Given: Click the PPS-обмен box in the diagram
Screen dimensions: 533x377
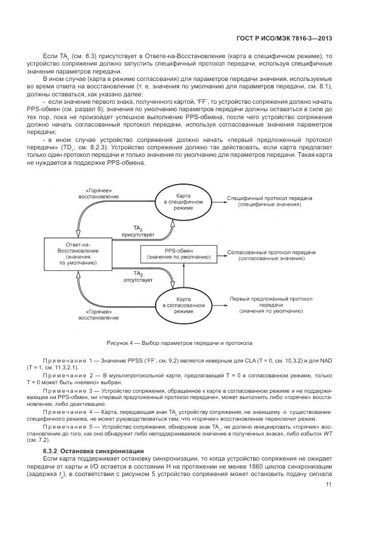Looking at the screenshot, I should click(178, 254).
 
